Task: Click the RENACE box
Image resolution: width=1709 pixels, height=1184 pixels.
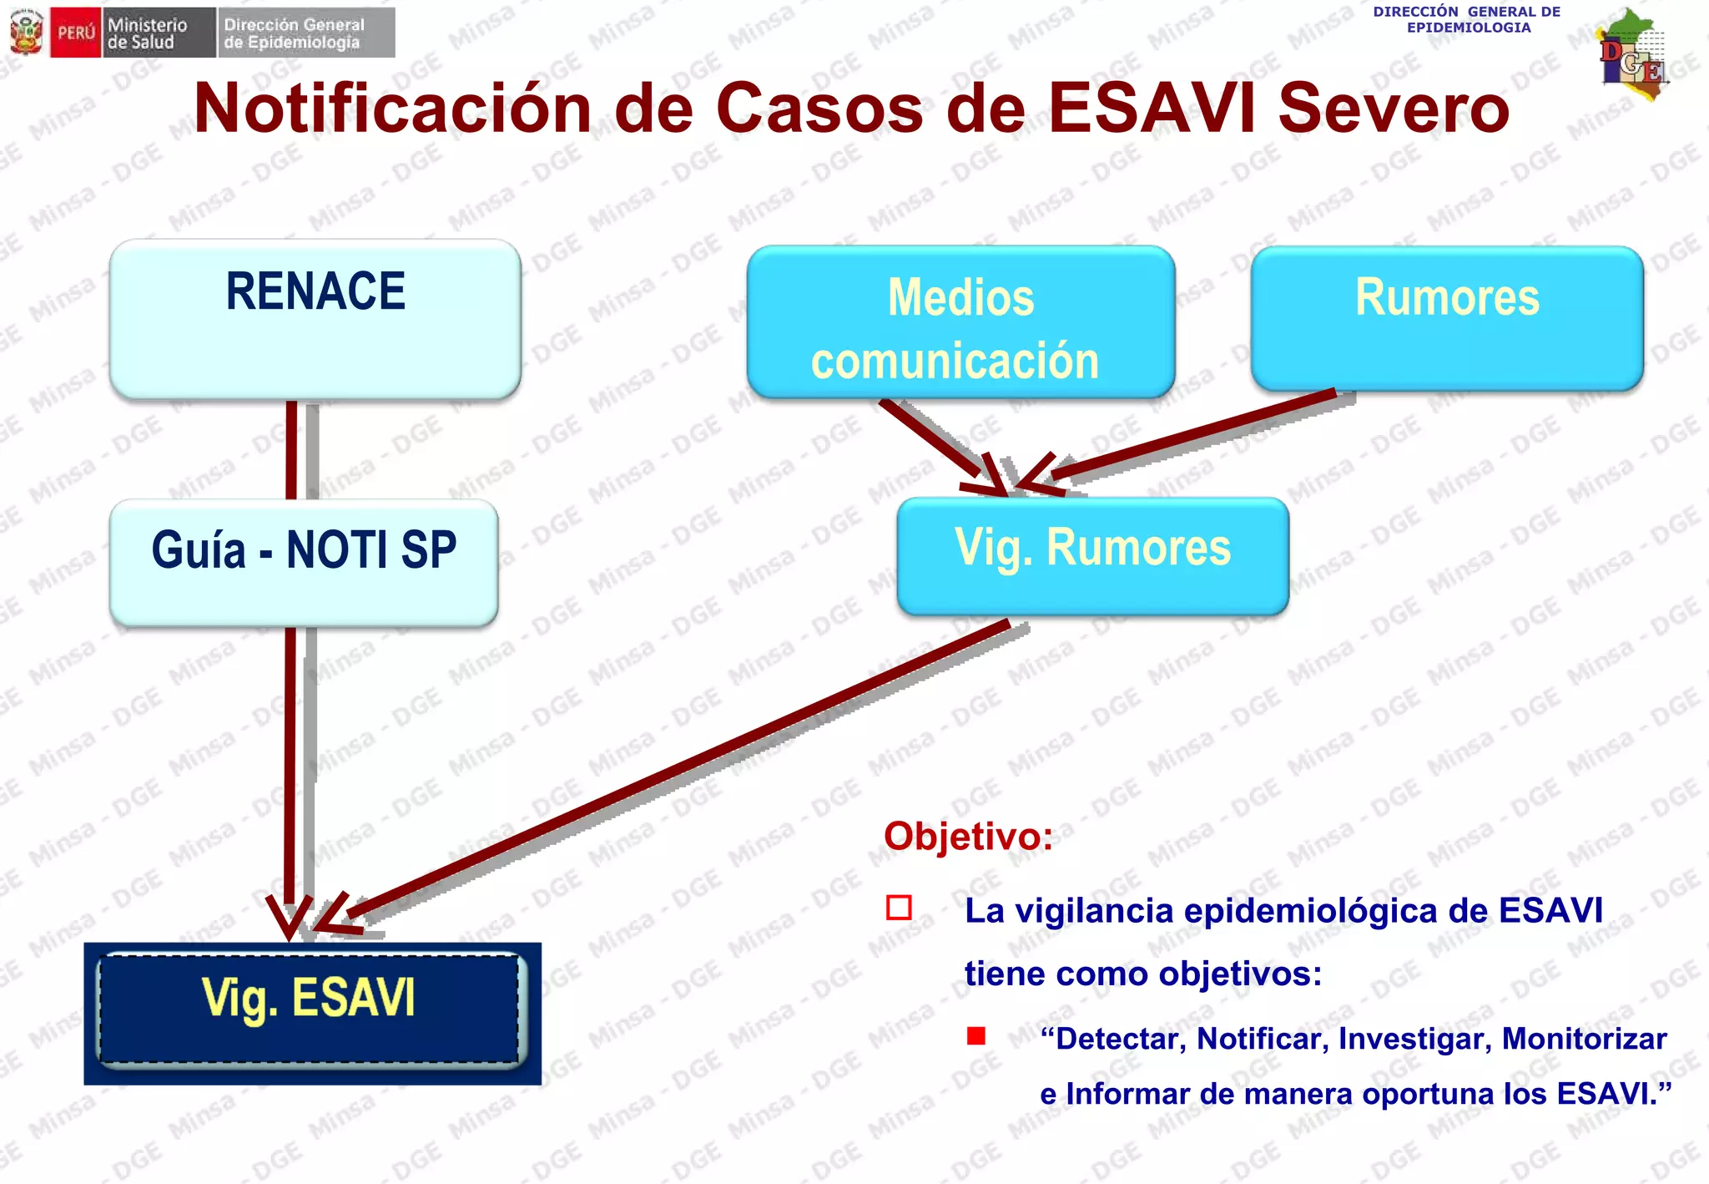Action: [315, 319]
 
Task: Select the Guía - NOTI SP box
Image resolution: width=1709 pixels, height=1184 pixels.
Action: [304, 562]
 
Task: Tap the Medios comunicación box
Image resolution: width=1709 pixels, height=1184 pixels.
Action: [960, 322]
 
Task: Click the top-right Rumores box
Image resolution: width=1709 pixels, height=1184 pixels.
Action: [1447, 317]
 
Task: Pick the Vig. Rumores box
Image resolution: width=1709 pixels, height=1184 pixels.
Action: [1092, 555]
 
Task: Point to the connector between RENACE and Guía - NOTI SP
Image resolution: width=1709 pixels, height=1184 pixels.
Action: [291, 450]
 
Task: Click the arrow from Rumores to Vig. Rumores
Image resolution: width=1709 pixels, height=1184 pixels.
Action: [1193, 434]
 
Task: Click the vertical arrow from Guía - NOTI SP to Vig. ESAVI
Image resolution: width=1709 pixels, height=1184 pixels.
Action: [290, 768]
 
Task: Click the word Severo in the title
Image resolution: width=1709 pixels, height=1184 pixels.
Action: [1394, 109]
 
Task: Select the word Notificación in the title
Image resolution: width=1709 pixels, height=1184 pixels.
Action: [392, 109]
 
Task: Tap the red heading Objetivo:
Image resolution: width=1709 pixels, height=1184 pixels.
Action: [968, 836]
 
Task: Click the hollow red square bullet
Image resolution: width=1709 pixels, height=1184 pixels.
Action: [899, 908]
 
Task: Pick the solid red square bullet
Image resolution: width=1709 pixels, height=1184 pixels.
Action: [976, 1036]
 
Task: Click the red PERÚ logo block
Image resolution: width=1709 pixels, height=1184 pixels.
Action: [75, 33]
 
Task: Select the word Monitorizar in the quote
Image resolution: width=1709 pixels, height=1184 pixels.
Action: [1584, 1039]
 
